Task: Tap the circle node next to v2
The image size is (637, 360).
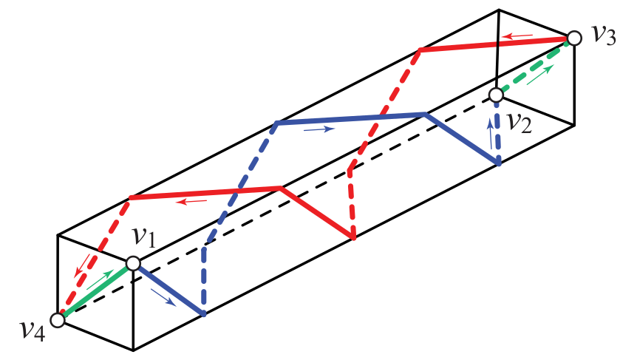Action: pyautogui.click(x=497, y=95)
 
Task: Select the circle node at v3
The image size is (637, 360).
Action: pyautogui.click(x=573, y=38)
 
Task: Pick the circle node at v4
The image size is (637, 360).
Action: pyautogui.click(x=58, y=320)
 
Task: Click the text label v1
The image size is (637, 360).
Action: pyautogui.click(x=145, y=237)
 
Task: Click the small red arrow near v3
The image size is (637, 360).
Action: pyautogui.click(x=519, y=34)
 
